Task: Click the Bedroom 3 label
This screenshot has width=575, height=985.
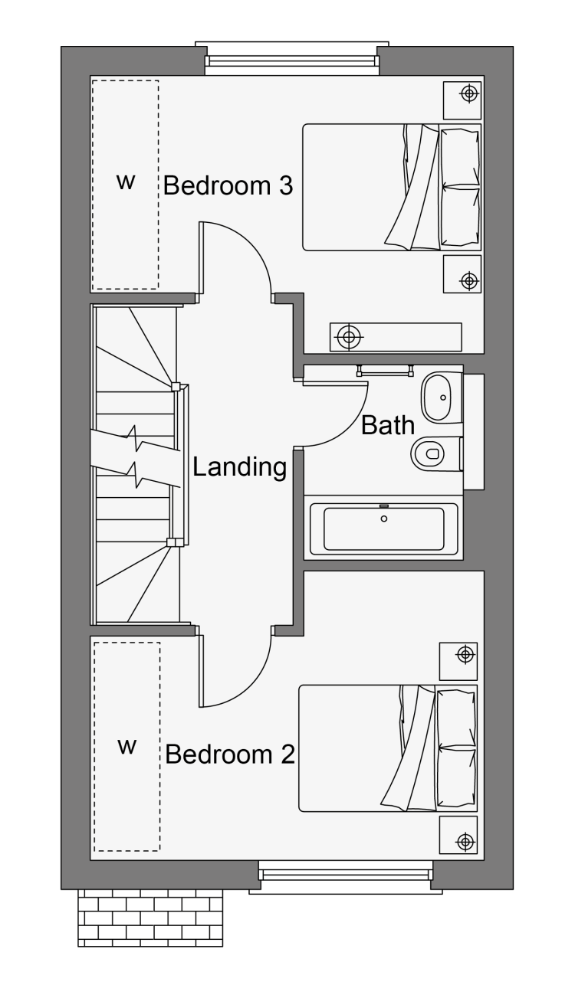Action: [228, 185]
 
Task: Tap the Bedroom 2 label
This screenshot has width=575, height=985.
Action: [229, 754]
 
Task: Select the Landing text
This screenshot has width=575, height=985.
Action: [239, 466]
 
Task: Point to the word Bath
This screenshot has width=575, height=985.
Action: [388, 425]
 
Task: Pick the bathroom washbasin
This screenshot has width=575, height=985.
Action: [442, 398]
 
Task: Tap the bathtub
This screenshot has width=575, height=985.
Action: [383, 528]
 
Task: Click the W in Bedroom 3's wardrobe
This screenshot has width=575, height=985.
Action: [126, 182]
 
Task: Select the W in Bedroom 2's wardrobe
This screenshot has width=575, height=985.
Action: [127, 746]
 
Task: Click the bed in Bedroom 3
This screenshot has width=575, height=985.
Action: [392, 188]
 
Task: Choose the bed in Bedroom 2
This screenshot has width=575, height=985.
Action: [388, 748]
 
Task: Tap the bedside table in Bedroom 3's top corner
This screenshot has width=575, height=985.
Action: [462, 100]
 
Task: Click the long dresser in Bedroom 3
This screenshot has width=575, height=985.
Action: [396, 337]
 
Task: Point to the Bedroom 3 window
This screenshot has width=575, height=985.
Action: [291, 59]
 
